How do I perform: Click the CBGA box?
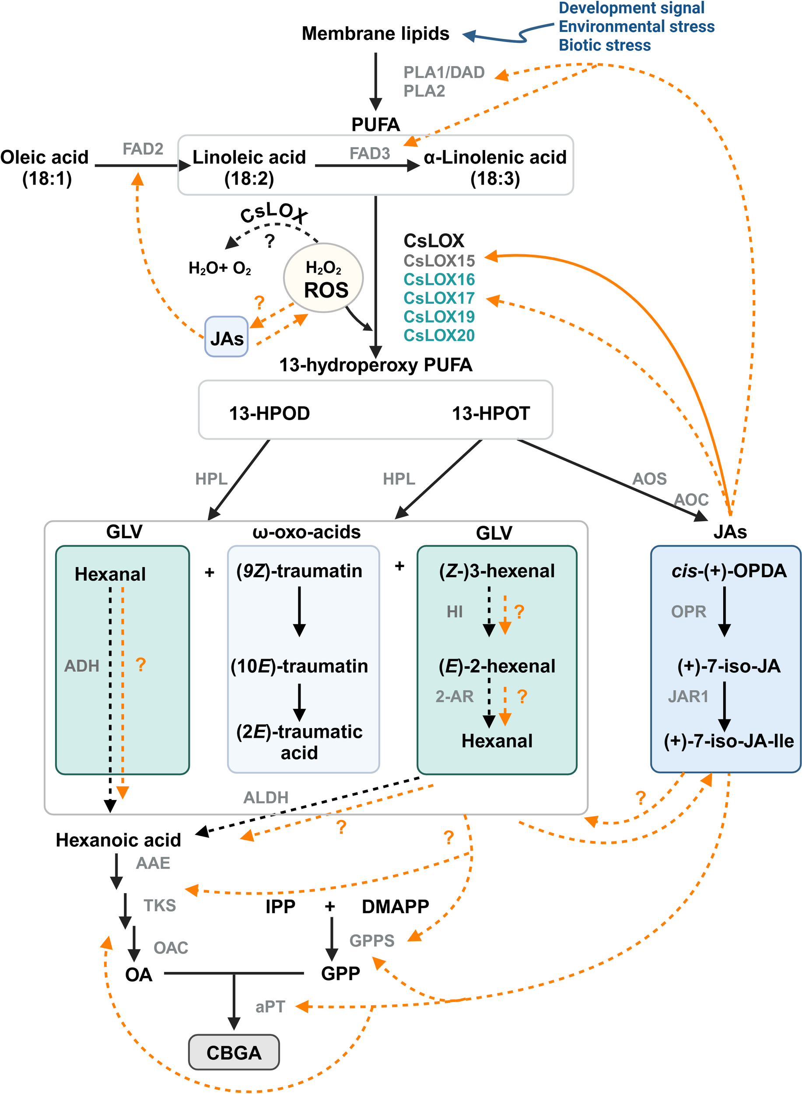pyautogui.click(x=234, y=1052)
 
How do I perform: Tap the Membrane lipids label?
pyautogui.click(x=375, y=34)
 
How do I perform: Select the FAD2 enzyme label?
pyautogui.click(x=143, y=149)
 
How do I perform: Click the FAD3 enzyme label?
pyautogui.click(x=369, y=154)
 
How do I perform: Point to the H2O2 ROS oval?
pyautogui.click(x=323, y=278)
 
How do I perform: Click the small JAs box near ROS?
pyautogui.click(x=226, y=337)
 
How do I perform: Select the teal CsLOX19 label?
pyautogui.click(x=439, y=316)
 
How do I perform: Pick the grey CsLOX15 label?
pyautogui.click(x=439, y=261)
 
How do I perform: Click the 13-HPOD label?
pyautogui.click(x=270, y=413)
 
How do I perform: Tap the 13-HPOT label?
pyautogui.click(x=491, y=413)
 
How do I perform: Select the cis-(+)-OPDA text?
pyautogui.click(x=728, y=571)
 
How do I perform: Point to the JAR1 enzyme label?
pyautogui.click(x=688, y=696)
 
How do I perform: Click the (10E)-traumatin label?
pyautogui.click(x=299, y=666)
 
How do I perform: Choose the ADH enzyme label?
pyautogui.click(x=81, y=666)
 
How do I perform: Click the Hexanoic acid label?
pyautogui.click(x=118, y=840)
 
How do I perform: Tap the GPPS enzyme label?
pyautogui.click(x=372, y=940)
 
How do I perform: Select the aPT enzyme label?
pyautogui.click(x=270, y=1006)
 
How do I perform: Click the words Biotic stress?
pyautogui.click(x=604, y=45)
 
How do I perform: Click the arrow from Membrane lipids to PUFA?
pyautogui.click(x=375, y=80)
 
